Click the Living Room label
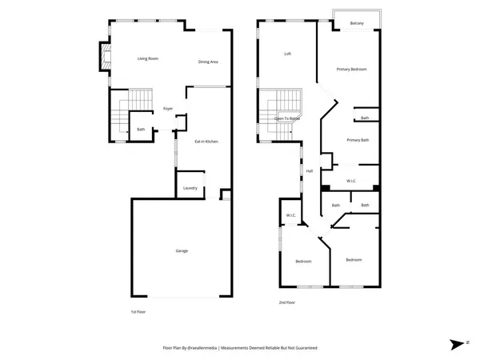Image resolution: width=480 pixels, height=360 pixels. (x=147, y=58)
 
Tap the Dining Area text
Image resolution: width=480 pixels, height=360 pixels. (x=209, y=62)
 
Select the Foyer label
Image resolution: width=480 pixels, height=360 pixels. (x=168, y=108)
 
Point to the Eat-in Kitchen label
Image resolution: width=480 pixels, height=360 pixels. (x=206, y=142)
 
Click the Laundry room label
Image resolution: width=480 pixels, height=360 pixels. (x=190, y=188)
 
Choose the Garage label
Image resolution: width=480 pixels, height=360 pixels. (x=182, y=251)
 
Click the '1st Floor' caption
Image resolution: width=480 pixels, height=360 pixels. (x=138, y=312)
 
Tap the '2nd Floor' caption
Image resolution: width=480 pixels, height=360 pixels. (x=286, y=302)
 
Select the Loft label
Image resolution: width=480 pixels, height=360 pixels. (x=288, y=54)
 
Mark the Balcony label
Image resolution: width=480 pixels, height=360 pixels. (x=358, y=24)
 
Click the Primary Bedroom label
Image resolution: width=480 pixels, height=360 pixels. (x=351, y=70)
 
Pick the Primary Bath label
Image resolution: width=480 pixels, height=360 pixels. (x=358, y=140)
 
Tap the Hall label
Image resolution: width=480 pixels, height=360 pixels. (x=310, y=170)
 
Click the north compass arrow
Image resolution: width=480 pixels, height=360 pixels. (x=457, y=343)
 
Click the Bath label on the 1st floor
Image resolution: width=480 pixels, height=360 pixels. (x=141, y=129)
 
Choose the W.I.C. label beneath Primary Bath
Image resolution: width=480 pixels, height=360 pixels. (x=351, y=181)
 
